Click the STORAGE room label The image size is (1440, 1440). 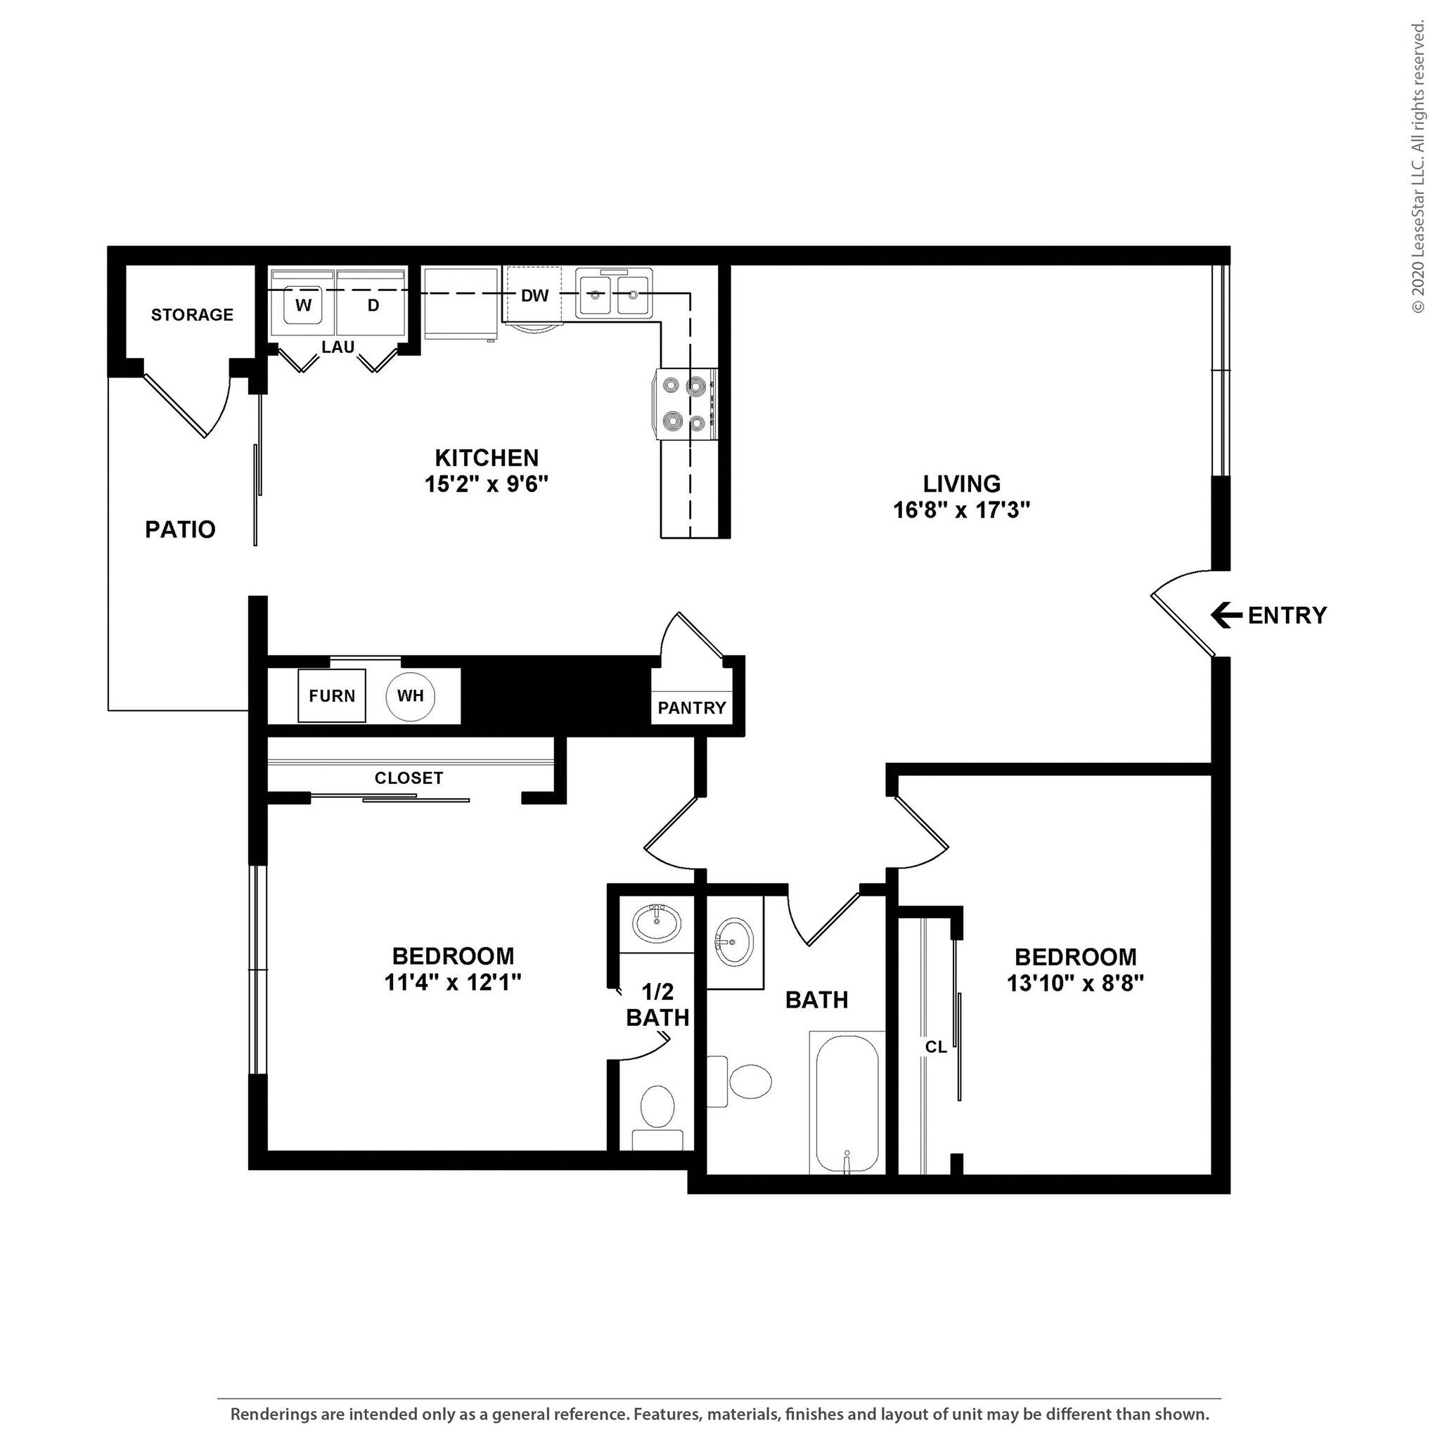pyautogui.click(x=192, y=314)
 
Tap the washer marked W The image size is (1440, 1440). pyautogui.click(x=302, y=305)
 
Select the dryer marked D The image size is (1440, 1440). pyautogui.click(x=373, y=305)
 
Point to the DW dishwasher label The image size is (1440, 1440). pyautogui.click(x=534, y=296)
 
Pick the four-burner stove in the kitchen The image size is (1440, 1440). pyautogui.click(x=686, y=405)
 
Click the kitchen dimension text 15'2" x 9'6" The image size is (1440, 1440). pyautogui.click(x=486, y=484)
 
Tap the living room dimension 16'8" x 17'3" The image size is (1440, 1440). pyautogui.click(x=960, y=510)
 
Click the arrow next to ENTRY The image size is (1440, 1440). pyautogui.click(x=1226, y=616)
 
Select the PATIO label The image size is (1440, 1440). pyautogui.click(x=181, y=529)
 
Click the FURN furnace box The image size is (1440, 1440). pyautogui.click(x=332, y=695)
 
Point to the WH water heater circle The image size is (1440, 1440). pyautogui.click(x=410, y=695)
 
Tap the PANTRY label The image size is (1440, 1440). pyautogui.click(x=692, y=708)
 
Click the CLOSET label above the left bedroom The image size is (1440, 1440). pyautogui.click(x=409, y=778)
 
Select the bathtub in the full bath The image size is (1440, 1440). pyautogui.click(x=847, y=1102)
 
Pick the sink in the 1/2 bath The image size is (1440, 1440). pyautogui.click(x=656, y=924)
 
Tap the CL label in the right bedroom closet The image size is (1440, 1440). pyautogui.click(x=935, y=1047)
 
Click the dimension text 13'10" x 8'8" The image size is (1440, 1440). pyautogui.click(x=1075, y=984)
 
